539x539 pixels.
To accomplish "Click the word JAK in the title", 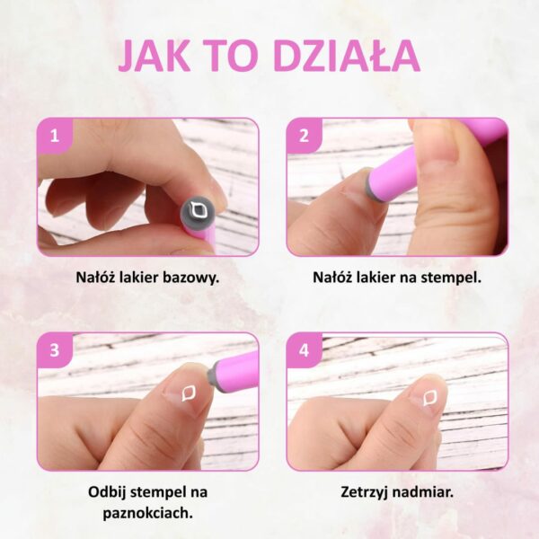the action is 155,56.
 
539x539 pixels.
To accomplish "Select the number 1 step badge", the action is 54,137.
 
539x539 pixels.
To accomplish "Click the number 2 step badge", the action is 304,137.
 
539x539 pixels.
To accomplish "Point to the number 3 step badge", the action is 54,350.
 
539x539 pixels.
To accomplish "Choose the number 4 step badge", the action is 304,350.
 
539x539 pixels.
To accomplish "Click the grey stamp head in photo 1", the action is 198,212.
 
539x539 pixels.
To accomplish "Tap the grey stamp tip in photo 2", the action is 370,189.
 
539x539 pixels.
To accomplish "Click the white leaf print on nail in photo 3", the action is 189,393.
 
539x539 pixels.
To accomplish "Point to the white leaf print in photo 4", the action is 430,398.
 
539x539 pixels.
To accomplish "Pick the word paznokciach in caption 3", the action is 146,514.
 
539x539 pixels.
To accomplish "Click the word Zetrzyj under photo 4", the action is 365,492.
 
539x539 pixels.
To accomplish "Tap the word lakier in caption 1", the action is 137,277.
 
